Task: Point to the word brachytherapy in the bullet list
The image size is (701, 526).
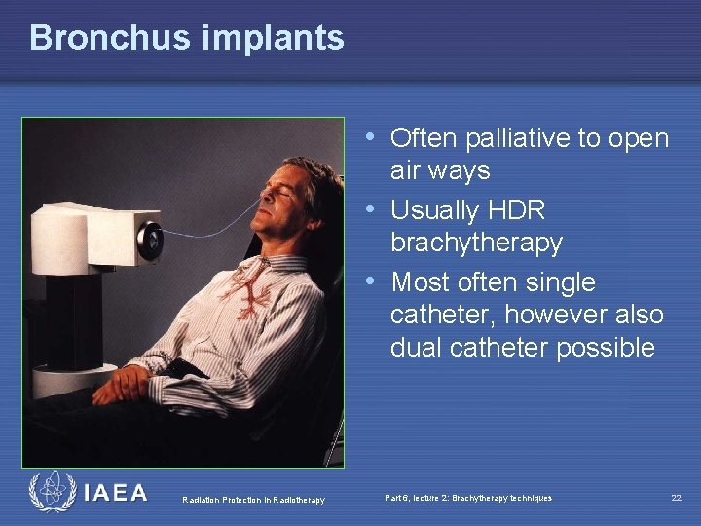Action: pos(476,243)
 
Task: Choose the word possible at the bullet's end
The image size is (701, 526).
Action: pos(606,348)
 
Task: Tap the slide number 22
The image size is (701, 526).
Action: pos(676,498)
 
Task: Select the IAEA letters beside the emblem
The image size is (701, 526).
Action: pos(116,493)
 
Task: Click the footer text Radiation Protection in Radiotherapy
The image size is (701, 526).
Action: pos(253,500)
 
